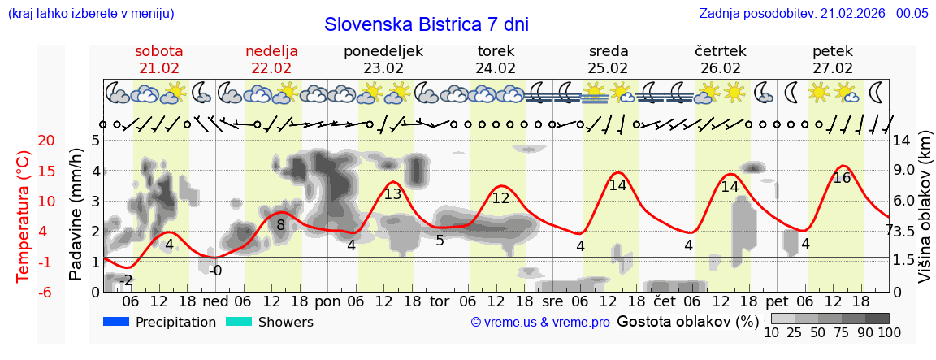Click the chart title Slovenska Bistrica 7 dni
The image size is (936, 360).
click(x=426, y=24)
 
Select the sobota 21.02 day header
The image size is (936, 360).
click(x=158, y=59)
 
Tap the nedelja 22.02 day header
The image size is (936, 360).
click(x=271, y=59)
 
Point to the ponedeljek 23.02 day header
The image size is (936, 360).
click(x=383, y=59)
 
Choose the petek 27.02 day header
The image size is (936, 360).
click(x=833, y=59)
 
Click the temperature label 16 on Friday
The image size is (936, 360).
click(x=842, y=178)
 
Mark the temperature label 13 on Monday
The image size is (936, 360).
click(x=392, y=194)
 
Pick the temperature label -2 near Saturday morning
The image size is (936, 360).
click(x=125, y=280)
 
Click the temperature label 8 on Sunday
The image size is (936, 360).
click(x=280, y=225)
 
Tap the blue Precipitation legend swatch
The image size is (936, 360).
click(x=117, y=322)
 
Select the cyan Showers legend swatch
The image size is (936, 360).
click(x=239, y=322)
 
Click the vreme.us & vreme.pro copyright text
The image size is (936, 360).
click(x=540, y=323)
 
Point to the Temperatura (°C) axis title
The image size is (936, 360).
click(x=24, y=216)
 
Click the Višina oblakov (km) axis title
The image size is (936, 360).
click(x=925, y=216)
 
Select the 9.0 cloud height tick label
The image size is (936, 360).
click(x=904, y=171)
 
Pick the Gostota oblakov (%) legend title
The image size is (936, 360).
click(x=687, y=321)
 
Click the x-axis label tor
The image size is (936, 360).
click(x=440, y=301)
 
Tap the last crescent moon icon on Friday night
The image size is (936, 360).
click(x=877, y=91)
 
